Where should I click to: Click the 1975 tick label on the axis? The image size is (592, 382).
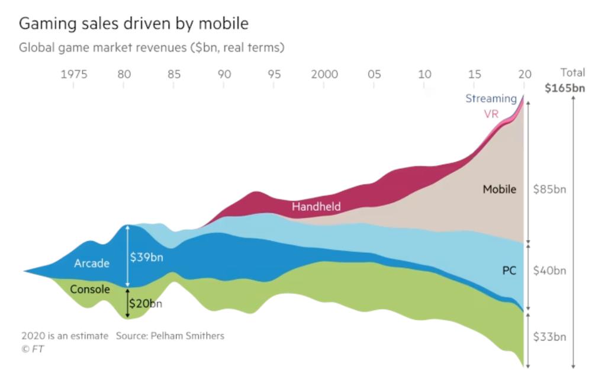pyautogui.click(x=73, y=74)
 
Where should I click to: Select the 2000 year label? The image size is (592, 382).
pyautogui.click(x=325, y=74)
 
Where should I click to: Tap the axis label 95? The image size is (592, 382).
pyautogui.click(x=274, y=74)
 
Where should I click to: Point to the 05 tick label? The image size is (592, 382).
pyautogui.click(x=374, y=74)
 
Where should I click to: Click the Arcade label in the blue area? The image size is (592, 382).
pyautogui.click(x=91, y=264)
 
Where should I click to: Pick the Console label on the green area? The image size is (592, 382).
pyautogui.click(x=89, y=290)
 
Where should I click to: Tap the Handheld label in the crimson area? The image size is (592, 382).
pyautogui.click(x=316, y=207)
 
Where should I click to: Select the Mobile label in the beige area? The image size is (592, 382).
pyautogui.click(x=499, y=190)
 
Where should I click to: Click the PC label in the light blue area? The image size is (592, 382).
pyautogui.click(x=509, y=271)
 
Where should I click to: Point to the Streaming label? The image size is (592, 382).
pyautogui.click(x=491, y=98)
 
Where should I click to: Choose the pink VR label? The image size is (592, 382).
pyautogui.click(x=491, y=114)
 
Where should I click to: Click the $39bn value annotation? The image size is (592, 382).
pyautogui.click(x=146, y=258)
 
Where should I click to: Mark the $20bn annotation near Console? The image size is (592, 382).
pyautogui.click(x=146, y=304)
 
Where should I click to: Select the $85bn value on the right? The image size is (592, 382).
pyautogui.click(x=549, y=190)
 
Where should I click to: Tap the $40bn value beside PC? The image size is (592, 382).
pyautogui.click(x=549, y=271)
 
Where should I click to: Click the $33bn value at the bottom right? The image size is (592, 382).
pyautogui.click(x=549, y=337)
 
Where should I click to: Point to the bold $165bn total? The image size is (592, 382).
pyautogui.click(x=565, y=89)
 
